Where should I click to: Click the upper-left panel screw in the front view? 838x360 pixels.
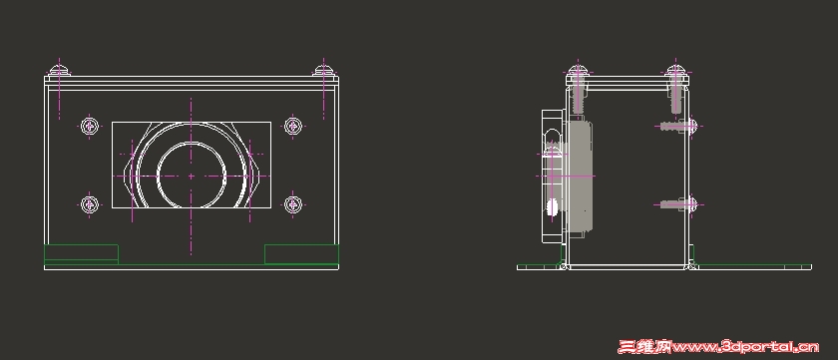(x=91, y=127)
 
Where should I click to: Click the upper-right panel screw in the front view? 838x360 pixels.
(x=293, y=126)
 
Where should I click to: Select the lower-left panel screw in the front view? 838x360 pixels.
(x=90, y=204)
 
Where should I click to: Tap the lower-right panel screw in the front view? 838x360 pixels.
(x=293, y=204)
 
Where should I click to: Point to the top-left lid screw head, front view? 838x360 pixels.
(x=59, y=70)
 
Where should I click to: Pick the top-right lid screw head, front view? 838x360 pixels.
(x=323, y=70)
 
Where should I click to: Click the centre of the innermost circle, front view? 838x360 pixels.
(x=191, y=176)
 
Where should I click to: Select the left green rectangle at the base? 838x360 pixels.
(x=81, y=254)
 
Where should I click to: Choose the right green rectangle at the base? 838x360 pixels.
(x=302, y=254)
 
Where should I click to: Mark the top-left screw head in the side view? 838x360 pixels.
(x=578, y=71)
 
